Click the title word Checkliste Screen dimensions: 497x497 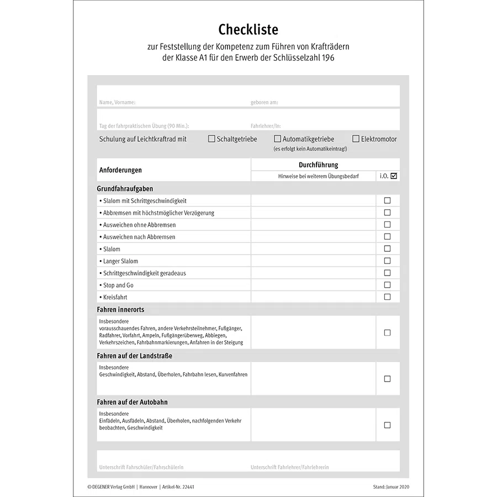point(248,29)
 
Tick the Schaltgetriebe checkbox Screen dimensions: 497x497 point(212,139)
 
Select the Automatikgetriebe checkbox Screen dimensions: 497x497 point(278,139)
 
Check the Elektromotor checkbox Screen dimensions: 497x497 point(356,139)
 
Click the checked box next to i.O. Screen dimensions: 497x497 point(394,176)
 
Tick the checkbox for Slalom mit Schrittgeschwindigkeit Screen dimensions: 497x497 point(387,200)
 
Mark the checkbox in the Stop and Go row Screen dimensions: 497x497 point(387,285)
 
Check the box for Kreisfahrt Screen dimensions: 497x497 point(387,297)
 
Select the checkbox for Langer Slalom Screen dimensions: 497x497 point(387,261)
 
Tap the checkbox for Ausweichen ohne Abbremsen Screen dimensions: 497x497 point(387,225)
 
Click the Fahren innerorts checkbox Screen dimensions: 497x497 point(387,332)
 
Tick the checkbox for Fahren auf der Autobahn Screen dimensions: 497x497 point(387,425)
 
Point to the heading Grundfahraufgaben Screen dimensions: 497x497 point(125,188)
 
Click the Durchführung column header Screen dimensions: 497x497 point(318,165)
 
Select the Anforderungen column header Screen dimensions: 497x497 point(120,170)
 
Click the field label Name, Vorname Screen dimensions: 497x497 point(117,103)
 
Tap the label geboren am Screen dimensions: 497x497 point(265,103)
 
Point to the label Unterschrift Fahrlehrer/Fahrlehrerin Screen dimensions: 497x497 point(289,467)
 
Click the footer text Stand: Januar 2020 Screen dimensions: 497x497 point(391,487)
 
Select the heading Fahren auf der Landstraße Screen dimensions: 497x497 point(135,356)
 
